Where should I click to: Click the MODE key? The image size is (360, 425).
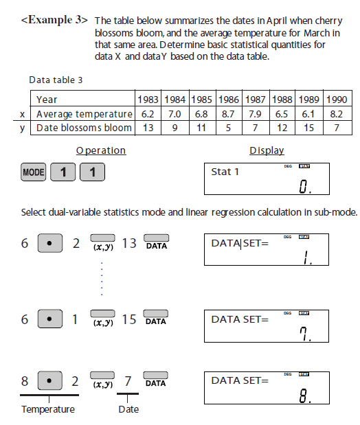(33, 172)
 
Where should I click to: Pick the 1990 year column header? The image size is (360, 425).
(335, 100)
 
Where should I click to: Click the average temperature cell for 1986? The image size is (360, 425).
(229, 113)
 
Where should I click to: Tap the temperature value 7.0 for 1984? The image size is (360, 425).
(175, 113)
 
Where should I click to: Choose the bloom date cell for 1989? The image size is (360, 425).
(308, 128)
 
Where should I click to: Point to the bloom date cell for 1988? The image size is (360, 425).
(282, 128)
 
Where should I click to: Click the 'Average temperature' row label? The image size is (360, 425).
(84, 113)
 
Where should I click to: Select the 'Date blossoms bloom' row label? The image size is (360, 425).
(84, 128)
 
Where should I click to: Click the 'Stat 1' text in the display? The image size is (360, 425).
(225, 172)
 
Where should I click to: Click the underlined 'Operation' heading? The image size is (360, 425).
(101, 150)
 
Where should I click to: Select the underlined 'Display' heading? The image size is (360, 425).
(267, 150)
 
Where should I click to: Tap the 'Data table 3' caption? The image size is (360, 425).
(56, 80)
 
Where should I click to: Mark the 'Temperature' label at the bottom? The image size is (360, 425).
(48, 410)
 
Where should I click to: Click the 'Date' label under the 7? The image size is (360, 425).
(128, 410)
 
